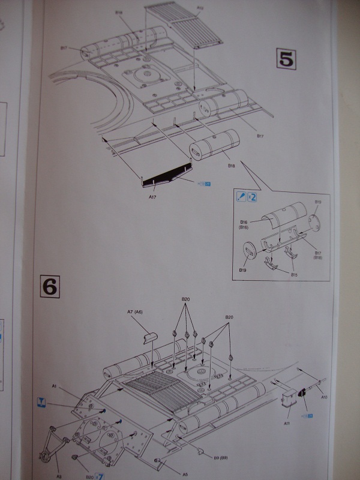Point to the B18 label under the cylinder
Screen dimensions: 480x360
pyautogui.click(x=230, y=165)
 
